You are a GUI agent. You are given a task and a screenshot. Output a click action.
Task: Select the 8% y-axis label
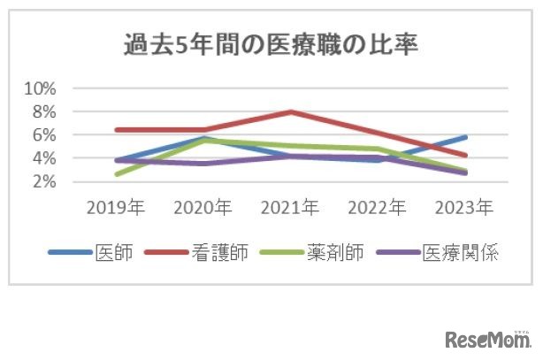pyautogui.click(x=43, y=111)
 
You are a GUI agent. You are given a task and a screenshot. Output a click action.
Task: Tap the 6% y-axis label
pyautogui.click(x=43, y=134)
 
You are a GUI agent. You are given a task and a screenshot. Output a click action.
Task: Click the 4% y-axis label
pyautogui.click(x=43, y=158)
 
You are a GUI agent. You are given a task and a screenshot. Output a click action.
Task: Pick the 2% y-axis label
pyautogui.click(x=43, y=181)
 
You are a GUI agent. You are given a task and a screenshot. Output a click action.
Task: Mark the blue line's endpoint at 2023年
pyautogui.click(x=465, y=137)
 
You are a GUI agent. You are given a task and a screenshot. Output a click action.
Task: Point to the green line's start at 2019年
pyautogui.click(x=117, y=174)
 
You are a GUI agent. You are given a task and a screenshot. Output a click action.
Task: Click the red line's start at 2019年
pyautogui.click(x=117, y=130)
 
